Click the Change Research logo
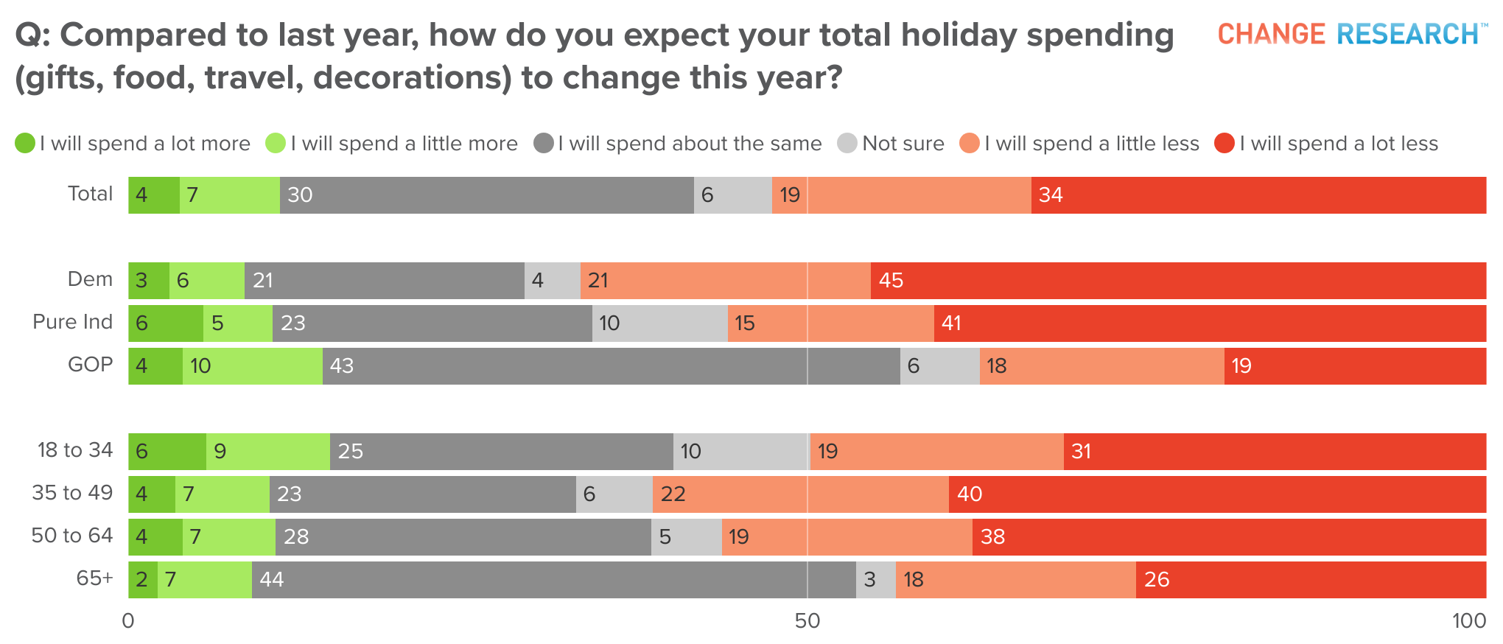[1351, 34]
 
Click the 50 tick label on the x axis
[807, 621]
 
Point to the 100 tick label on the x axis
[1468, 621]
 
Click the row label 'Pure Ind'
[72, 322]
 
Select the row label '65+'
[94, 578]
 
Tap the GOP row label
[90, 365]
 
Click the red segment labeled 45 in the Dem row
[1178, 281]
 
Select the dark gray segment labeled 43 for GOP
[611, 366]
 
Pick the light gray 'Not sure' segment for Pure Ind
[659, 323]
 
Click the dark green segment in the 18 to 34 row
[167, 452]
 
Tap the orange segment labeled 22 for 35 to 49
[800, 494]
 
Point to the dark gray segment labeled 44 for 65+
[553, 580]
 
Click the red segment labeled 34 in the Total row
[1258, 195]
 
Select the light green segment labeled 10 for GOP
[252, 366]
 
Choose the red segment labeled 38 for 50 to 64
[1229, 537]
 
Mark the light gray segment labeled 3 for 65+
[875, 580]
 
